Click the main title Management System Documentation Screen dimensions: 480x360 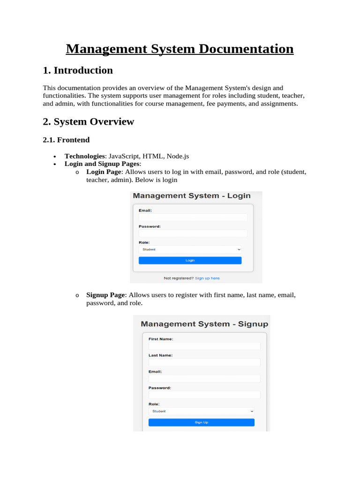[x=180, y=49]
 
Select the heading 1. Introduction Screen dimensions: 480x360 [x=78, y=70]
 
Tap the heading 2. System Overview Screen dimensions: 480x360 [x=88, y=122]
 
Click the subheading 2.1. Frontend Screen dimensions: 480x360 [x=66, y=140]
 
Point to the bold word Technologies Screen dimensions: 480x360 [x=84, y=156]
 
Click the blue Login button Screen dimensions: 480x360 [x=190, y=260]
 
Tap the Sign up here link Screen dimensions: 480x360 [x=207, y=278]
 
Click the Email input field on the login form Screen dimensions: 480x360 [x=192, y=217]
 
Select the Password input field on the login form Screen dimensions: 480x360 [x=192, y=233]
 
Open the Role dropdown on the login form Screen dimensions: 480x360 [x=190, y=249]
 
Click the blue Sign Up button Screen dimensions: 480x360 [x=201, y=422]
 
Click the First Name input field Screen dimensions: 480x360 [x=204, y=346]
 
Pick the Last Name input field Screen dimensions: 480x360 [x=204, y=362]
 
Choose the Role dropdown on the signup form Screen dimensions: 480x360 [x=201, y=411]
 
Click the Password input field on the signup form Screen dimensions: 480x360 [x=204, y=395]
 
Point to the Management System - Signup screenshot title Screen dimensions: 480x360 [x=204, y=324]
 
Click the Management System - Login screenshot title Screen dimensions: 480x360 [x=191, y=196]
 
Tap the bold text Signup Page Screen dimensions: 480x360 [x=105, y=295]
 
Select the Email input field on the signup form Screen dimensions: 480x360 [x=204, y=378]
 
